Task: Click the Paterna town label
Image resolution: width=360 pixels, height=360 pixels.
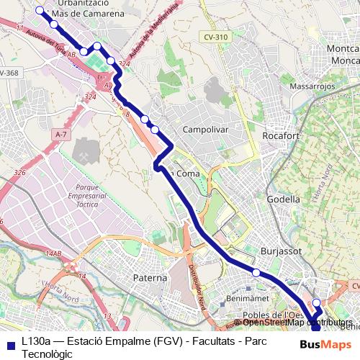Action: [x=150, y=277]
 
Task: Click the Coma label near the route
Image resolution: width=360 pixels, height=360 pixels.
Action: [x=187, y=174]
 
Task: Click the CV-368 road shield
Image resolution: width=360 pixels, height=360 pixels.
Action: [x=9, y=73]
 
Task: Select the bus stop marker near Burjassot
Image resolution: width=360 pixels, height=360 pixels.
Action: [x=256, y=272]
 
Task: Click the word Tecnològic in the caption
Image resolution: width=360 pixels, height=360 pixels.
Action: [x=47, y=354]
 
